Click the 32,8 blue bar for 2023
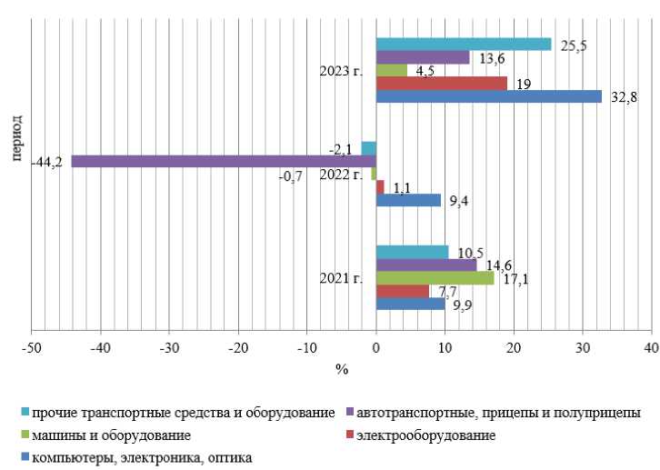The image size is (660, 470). pyautogui.click(x=488, y=96)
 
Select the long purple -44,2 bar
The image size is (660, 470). pyautogui.click(x=223, y=161)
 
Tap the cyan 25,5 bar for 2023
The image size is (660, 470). pyautogui.click(x=464, y=44)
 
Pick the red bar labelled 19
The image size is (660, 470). pyautogui.click(x=441, y=84)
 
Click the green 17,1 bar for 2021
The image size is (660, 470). pyautogui.click(x=435, y=278)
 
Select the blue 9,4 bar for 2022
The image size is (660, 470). pyautogui.click(x=408, y=200)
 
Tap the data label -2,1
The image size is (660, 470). pyautogui.click(x=343, y=149)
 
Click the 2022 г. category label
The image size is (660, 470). pyautogui.click(x=341, y=175)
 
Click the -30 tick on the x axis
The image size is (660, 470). pyautogui.click(x=169, y=348)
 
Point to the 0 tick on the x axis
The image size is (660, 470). pyautogui.click(x=376, y=348)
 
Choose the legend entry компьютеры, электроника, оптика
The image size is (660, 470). pyautogui.click(x=142, y=457)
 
